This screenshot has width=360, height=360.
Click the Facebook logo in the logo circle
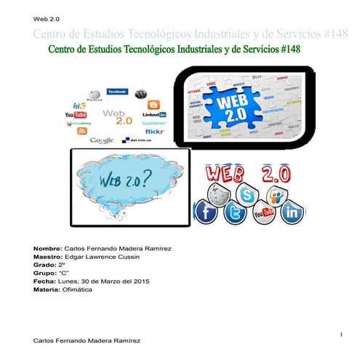click(x=118, y=92)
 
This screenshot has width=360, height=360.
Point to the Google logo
click(x=101, y=140)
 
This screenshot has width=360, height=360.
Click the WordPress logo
click(x=143, y=94)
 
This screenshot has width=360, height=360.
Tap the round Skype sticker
click(x=248, y=195)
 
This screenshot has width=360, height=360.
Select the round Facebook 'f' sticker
click(x=206, y=212)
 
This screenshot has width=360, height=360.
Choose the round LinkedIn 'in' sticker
click(x=292, y=213)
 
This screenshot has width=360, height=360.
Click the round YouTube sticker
click(x=263, y=213)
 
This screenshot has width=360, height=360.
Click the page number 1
click(x=340, y=333)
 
